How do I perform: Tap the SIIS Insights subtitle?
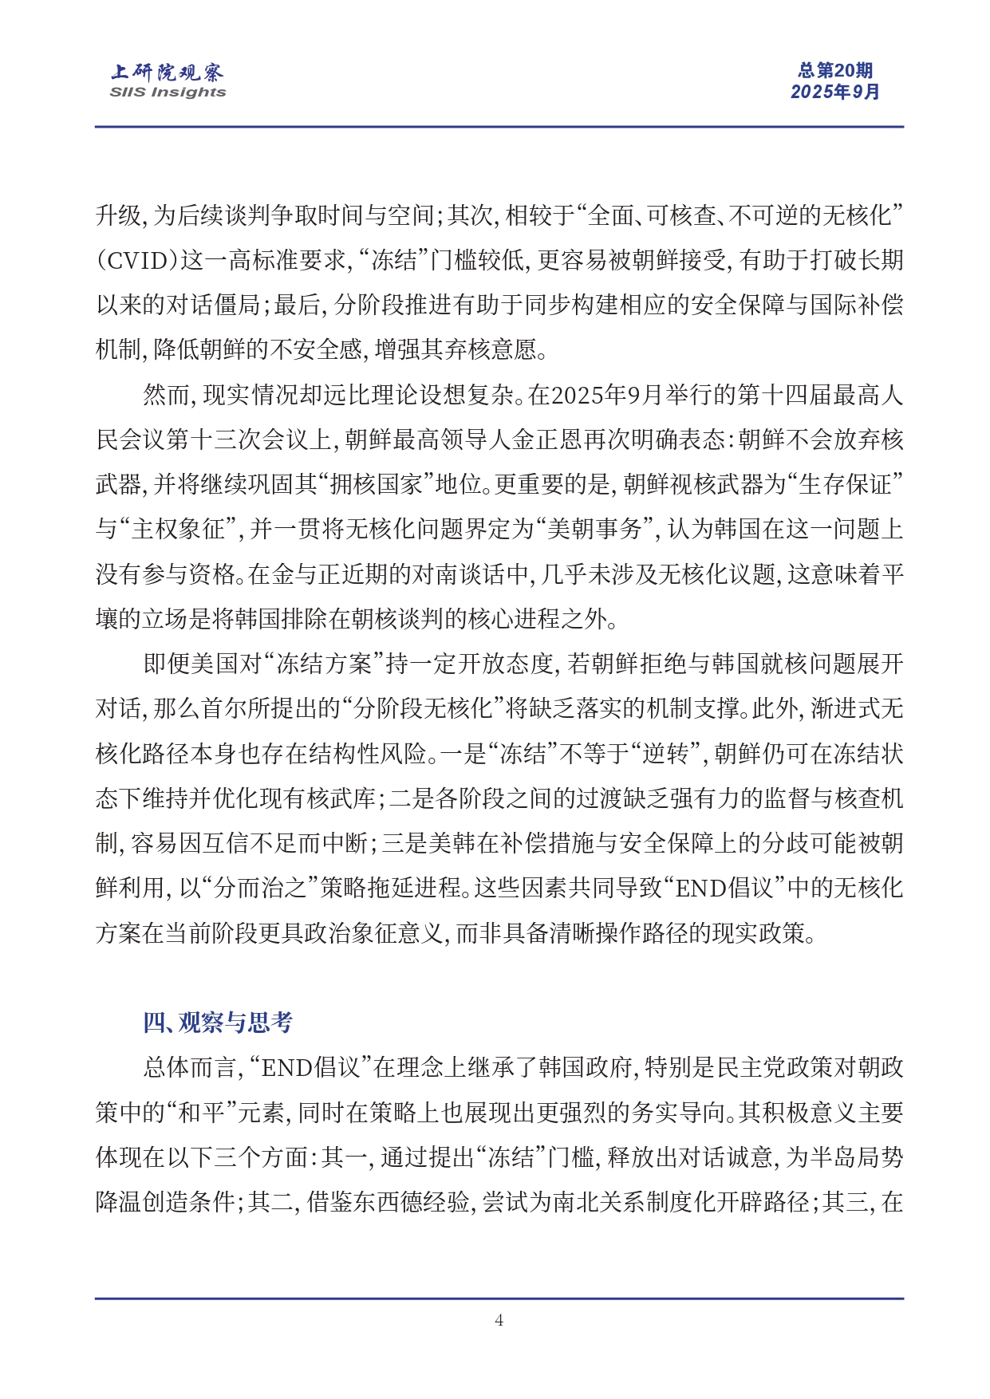click(168, 92)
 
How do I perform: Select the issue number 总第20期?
click(834, 71)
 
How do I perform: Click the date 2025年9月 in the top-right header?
click(834, 92)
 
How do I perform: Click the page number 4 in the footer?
click(499, 1320)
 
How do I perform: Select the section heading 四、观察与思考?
click(218, 1023)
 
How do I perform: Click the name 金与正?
click(307, 574)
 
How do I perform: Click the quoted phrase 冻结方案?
click(325, 664)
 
